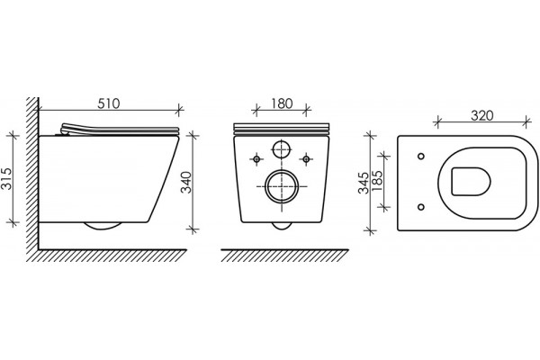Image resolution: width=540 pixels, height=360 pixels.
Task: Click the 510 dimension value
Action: click(x=109, y=103)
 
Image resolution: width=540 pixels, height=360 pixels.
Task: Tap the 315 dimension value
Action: click(x=7, y=179)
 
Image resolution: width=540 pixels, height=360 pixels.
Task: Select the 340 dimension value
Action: click(x=186, y=182)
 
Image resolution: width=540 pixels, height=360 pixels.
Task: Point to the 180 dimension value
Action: click(x=282, y=103)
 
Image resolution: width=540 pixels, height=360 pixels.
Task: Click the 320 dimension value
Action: click(x=482, y=115)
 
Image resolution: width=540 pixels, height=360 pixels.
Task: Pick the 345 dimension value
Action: click(x=364, y=182)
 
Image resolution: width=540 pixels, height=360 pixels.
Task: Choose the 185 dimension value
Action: click(x=377, y=181)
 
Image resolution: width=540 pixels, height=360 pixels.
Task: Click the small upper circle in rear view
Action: click(x=282, y=149)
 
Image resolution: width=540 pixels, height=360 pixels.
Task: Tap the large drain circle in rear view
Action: click(x=282, y=186)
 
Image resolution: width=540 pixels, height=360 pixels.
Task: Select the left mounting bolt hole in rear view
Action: click(x=256, y=158)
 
